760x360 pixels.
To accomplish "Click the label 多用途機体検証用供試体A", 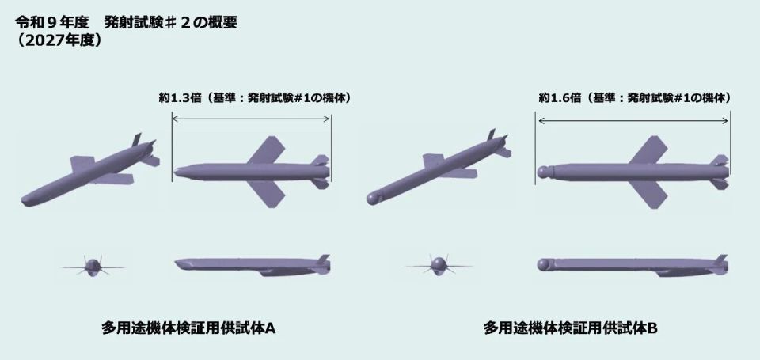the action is (x=188, y=328).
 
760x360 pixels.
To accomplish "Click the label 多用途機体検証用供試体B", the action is (x=570, y=328).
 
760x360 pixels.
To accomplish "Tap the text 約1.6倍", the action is (x=560, y=97).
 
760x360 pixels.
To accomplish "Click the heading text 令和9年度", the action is (x=52, y=22).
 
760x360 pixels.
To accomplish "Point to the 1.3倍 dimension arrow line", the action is (x=251, y=118).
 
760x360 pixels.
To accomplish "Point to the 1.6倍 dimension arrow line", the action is (x=633, y=120).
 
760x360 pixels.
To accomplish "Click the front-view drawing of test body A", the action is (x=93, y=266).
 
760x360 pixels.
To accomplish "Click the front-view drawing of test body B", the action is (x=439, y=265).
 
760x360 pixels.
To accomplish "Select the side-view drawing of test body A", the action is (x=252, y=266).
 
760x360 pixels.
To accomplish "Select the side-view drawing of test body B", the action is (x=633, y=266).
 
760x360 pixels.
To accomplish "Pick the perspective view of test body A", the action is (x=90, y=171).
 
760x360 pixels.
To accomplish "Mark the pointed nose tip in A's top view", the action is (x=174, y=172).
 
